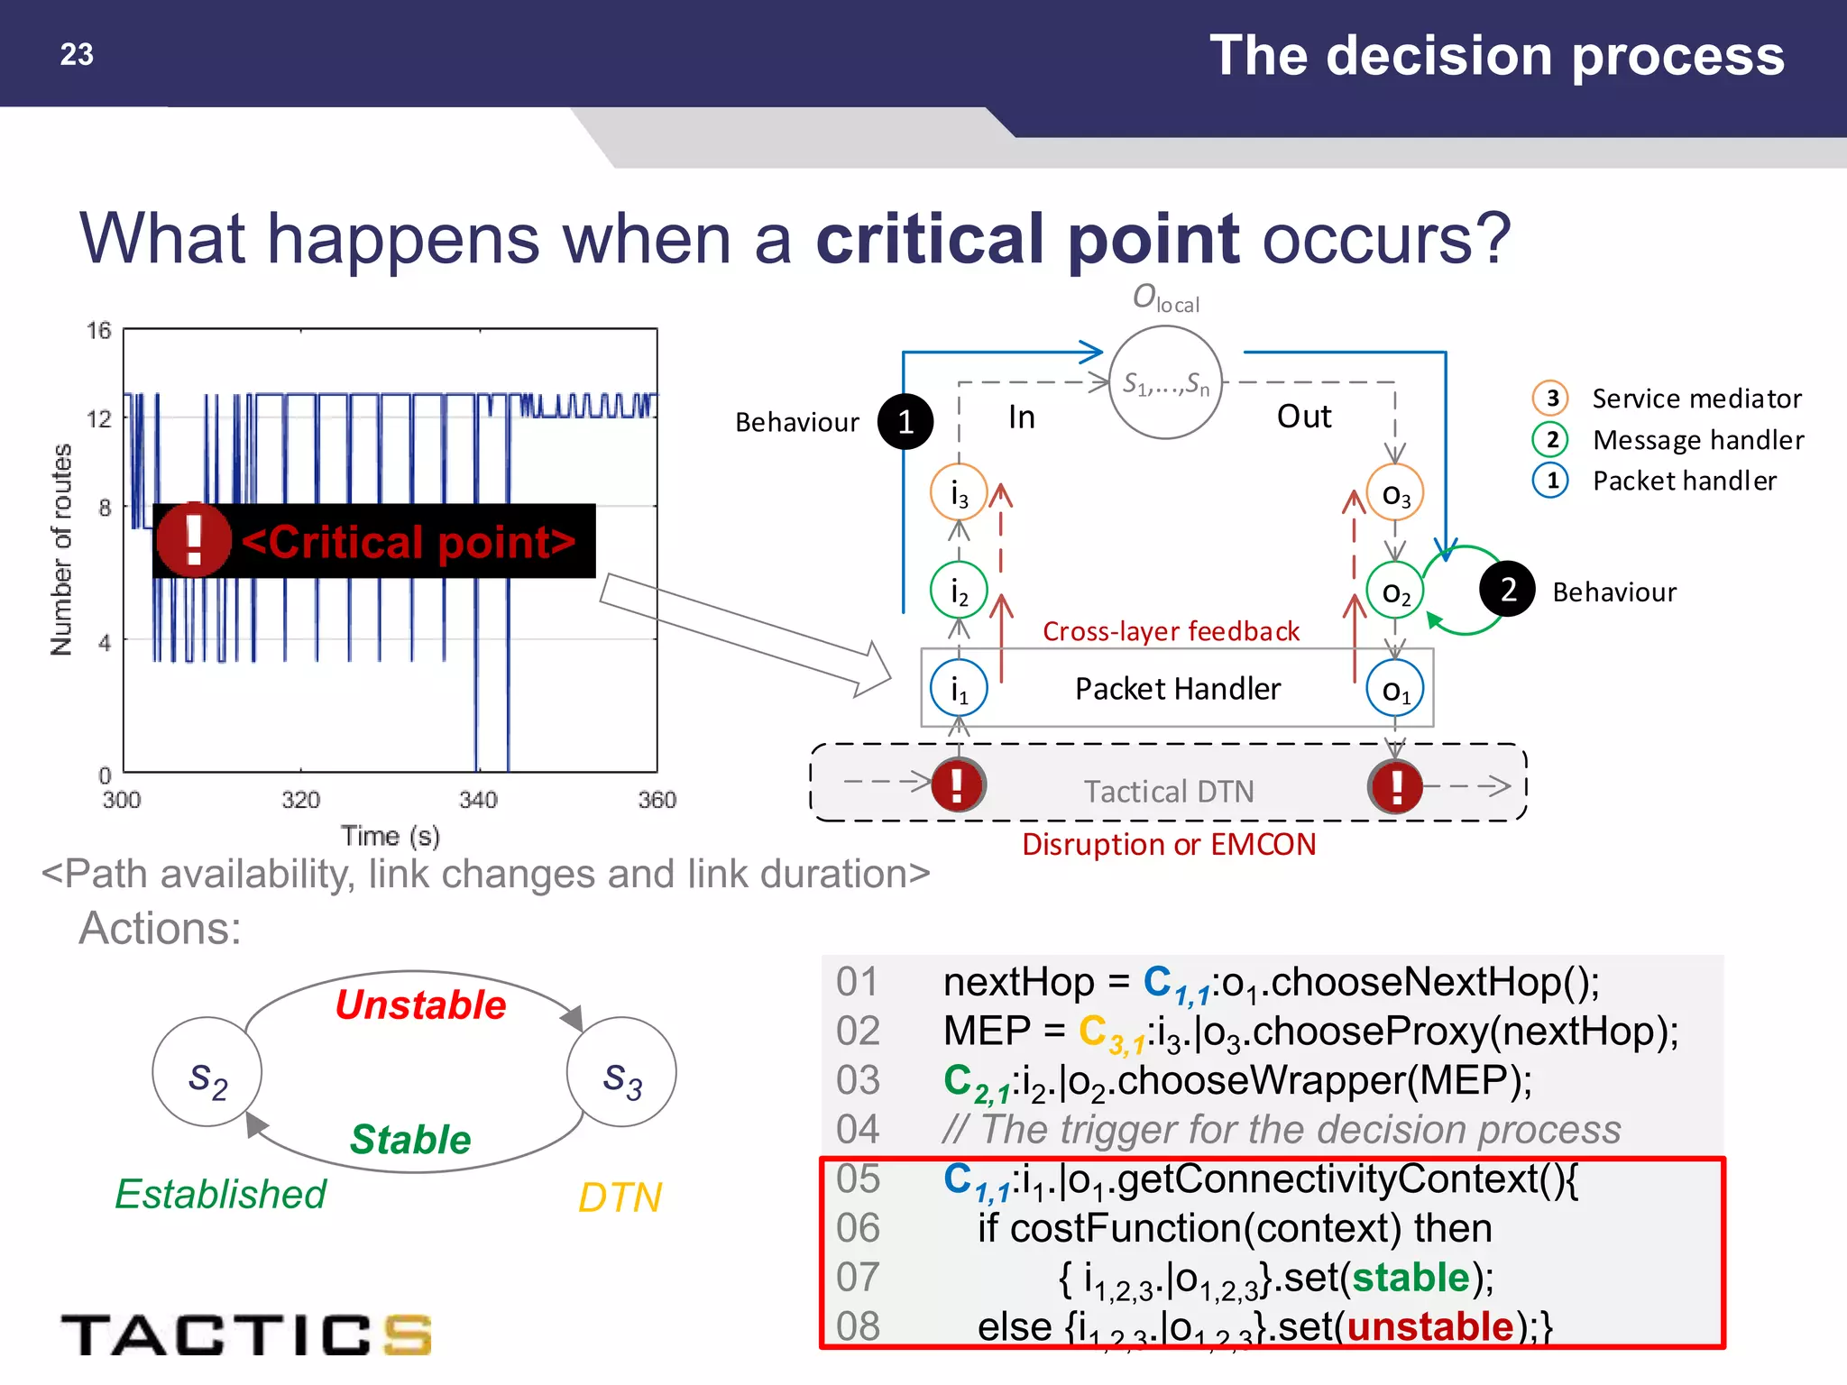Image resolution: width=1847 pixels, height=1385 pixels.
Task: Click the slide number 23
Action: pyautogui.click(x=77, y=54)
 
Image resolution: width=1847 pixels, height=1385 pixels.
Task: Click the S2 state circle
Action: pyautogui.click(x=207, y=1072)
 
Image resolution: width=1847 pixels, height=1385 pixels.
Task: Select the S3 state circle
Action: pyautogui.click(x=621, y=1072)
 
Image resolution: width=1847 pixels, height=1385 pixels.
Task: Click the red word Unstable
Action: pyautogui.click(x=420, y=1004)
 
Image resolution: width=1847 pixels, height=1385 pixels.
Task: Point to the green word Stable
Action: pyautogui.click(x=410, y=1139)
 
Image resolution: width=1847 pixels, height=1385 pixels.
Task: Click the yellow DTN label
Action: pyautogui.click(x=620, y=1197)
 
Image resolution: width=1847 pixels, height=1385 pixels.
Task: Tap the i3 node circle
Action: pyautogui.click(x=959, y=492)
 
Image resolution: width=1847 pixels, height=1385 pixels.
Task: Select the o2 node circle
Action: pyautogui.click(x=1395, y=591)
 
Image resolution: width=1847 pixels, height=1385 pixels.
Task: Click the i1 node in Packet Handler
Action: pyautogui.click(x=959, y=689)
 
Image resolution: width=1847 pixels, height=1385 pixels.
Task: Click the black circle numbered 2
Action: pyautogui.click(x=1507, y=589)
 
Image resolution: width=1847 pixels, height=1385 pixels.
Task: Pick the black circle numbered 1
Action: pyautogui.click(x=905, y=421)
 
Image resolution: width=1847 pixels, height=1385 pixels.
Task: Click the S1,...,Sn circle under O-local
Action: pyautogui.click(x=1165, y=383)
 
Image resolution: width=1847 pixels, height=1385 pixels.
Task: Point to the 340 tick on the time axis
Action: pyautogui.click(x=478, y=800)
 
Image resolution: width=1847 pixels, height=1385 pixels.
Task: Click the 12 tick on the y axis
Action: pyautogui.click(x=99, y=418)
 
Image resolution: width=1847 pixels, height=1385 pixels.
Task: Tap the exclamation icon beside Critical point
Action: pyautogui.click(x=193, y=539)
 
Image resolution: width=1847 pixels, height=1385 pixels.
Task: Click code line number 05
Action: pyautogui.click(x=857, y=1178)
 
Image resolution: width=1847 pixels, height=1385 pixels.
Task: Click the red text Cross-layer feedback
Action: pyautogui.click(x=1171, y=631)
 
